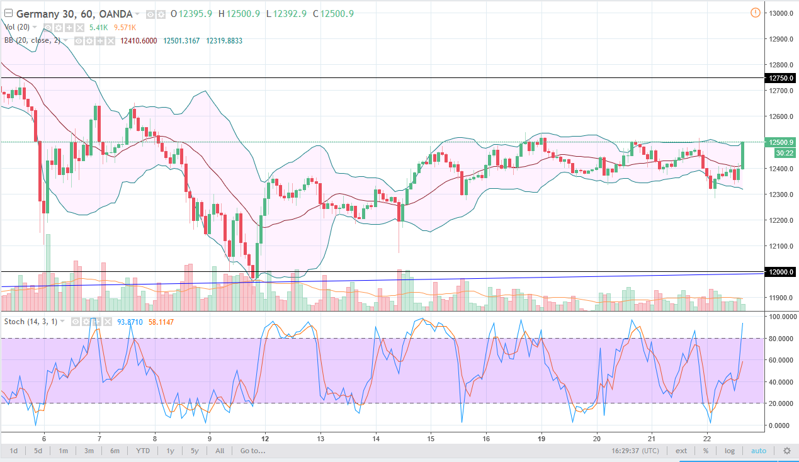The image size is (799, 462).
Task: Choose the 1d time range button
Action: click(14, 451)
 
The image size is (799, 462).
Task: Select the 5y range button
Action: click(195, 451)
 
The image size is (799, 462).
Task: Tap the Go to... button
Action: click(252, 451)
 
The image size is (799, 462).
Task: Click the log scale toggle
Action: click(729, 451)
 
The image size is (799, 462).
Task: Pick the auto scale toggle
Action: click(758, 451)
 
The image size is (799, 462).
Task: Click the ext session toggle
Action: click(681, 451)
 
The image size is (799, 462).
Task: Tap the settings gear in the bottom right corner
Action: click(786, 451)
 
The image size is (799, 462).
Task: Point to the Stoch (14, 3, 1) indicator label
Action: click(31, 322)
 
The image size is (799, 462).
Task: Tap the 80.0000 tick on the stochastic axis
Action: click(780, 339)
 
